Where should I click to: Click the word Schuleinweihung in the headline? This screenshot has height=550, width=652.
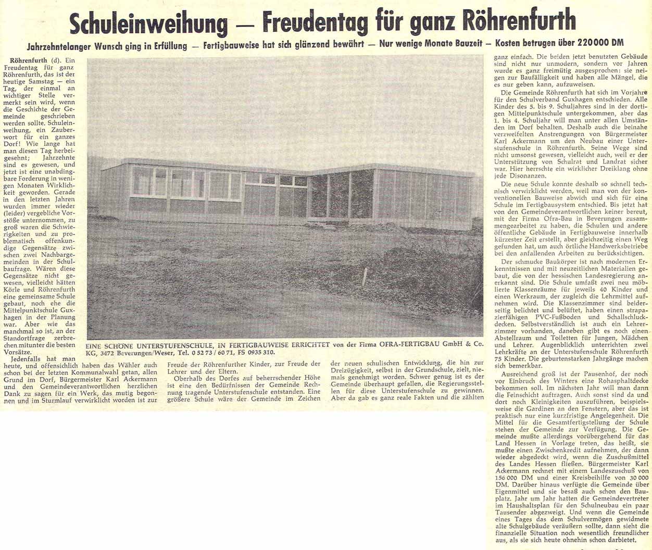click(148, 22)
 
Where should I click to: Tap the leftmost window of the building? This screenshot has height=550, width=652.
click(142, 181)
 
